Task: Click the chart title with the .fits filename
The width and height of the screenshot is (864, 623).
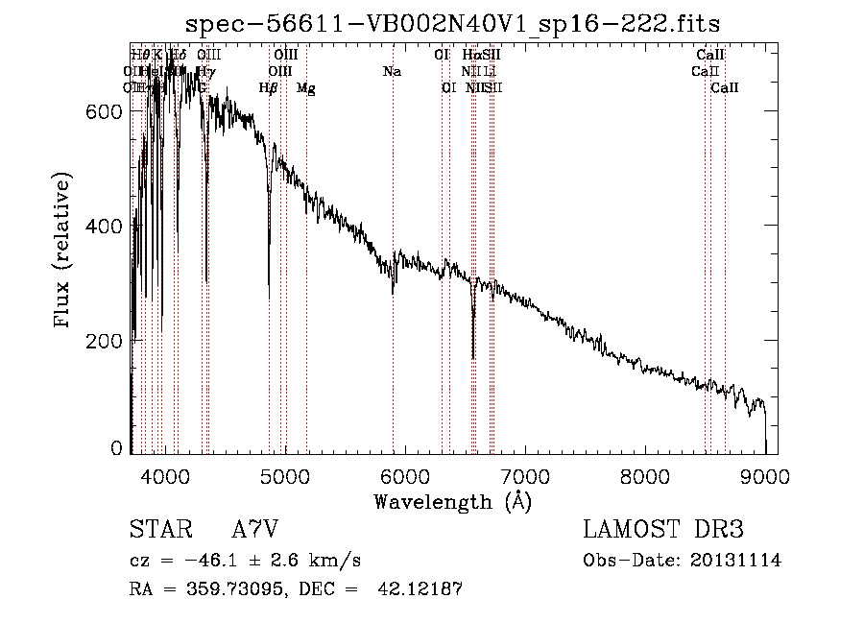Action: coord(452,22)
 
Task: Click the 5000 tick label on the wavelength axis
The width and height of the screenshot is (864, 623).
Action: coord(284,476)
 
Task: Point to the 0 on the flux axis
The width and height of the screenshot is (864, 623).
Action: coord(117,448)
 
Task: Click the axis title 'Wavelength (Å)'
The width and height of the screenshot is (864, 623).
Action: coord(452,501)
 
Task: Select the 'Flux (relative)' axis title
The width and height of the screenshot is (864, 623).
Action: coord(64,252)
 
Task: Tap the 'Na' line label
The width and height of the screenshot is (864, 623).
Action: coord(392,72)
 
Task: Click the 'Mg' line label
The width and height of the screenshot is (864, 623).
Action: coord(305,88)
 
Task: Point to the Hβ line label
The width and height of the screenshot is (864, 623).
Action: coord(269,88)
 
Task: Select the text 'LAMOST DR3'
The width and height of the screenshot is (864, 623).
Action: coord(662,531)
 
